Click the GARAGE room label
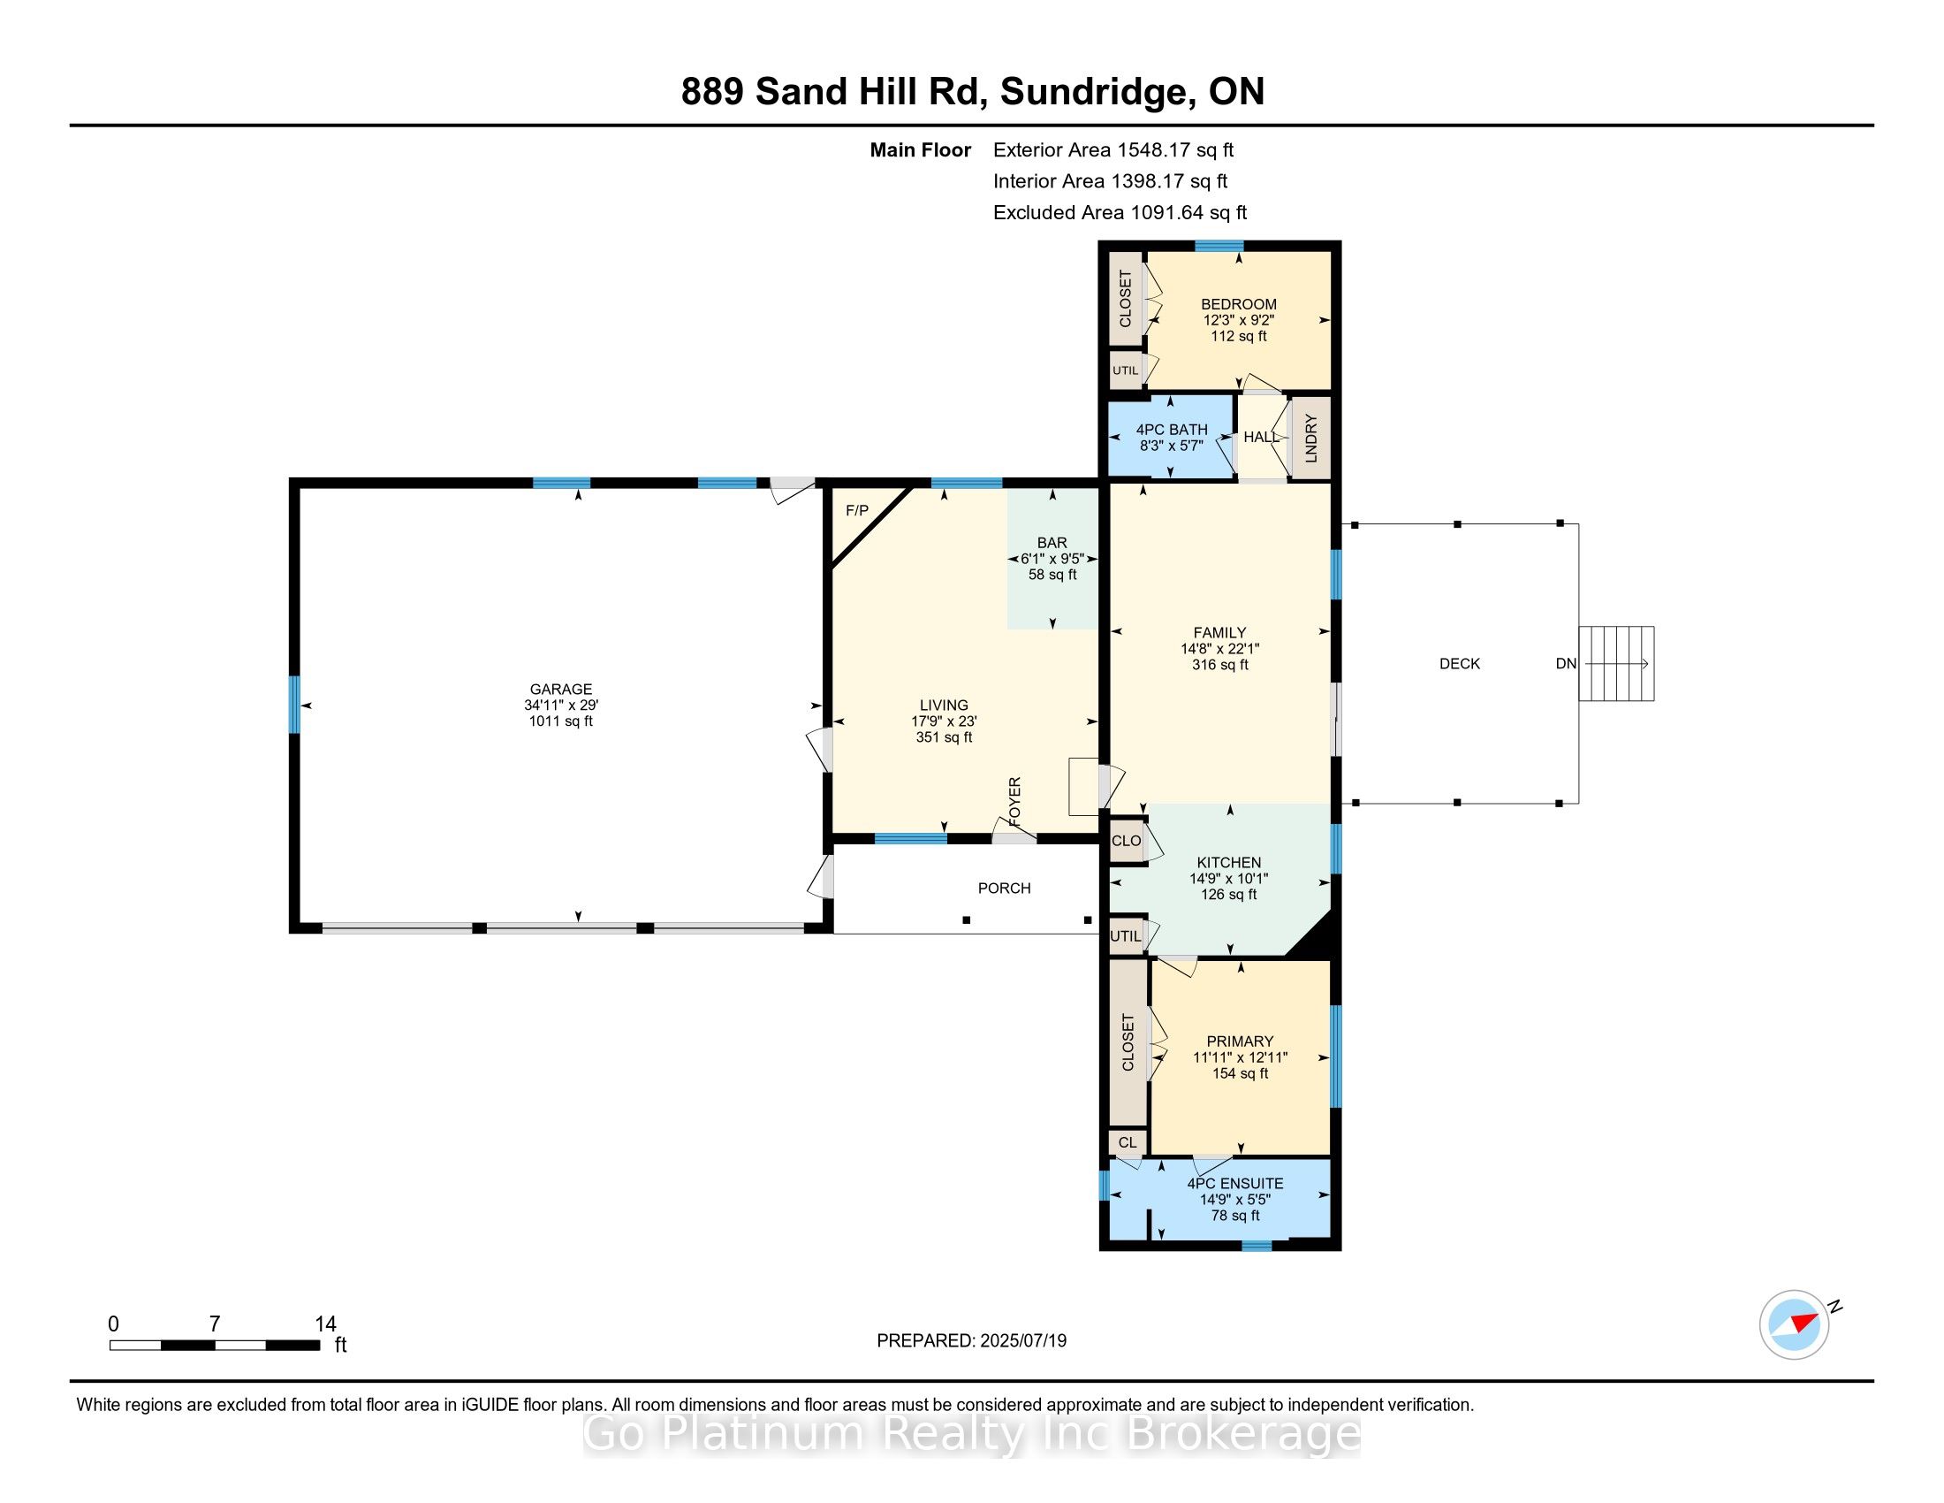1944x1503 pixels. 561,690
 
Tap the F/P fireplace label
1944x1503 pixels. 857,511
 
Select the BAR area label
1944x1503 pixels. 1052,542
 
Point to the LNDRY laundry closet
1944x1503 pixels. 1310,438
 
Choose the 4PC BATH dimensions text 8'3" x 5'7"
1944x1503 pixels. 1171,446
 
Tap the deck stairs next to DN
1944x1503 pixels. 1616,663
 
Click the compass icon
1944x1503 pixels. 1795,1324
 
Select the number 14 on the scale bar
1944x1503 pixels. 325,1324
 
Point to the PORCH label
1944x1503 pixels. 1004,888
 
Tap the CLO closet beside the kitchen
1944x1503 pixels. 1127,841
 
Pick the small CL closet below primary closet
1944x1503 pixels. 1128,1142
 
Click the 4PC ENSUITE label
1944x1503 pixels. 1235,1183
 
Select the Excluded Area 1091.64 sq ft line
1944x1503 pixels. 1120,212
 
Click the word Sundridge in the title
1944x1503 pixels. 1094,92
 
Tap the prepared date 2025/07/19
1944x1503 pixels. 1022,1341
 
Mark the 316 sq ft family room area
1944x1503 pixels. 1220,664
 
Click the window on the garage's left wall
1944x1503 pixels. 294,705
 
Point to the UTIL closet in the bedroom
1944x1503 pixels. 1126,370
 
